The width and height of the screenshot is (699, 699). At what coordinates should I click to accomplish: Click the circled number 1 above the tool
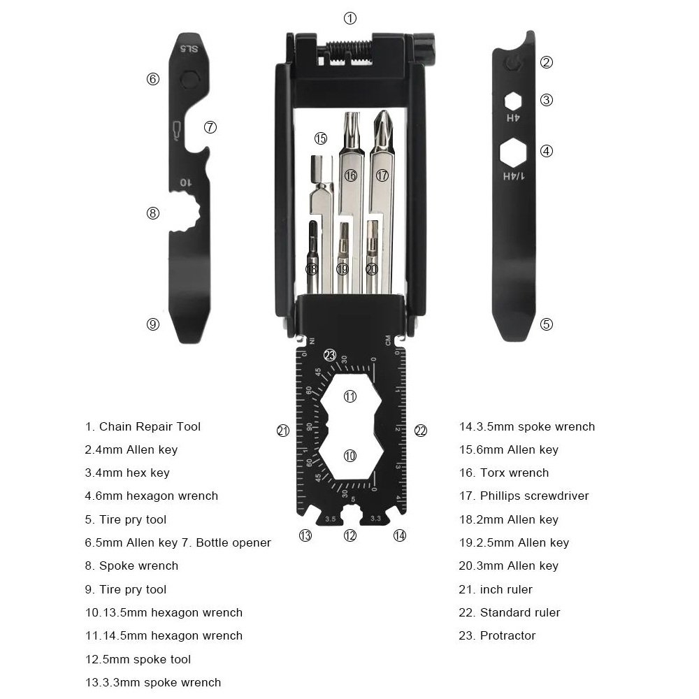(350, 17)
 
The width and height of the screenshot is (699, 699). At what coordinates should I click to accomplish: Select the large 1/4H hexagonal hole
(513, 151)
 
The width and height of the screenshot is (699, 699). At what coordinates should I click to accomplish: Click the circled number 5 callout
(547, 324)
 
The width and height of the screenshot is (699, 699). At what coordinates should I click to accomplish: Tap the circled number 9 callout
(153, 324)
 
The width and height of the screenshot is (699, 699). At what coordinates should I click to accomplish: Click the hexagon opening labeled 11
(350, 396)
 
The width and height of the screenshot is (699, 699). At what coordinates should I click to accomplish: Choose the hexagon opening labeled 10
(350, 455)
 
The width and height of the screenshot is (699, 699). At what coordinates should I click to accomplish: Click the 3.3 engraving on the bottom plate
(375, 518)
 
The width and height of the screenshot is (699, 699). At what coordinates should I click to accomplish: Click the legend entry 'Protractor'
(507, 635)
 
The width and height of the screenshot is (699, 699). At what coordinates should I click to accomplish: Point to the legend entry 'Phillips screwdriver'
(534, 496)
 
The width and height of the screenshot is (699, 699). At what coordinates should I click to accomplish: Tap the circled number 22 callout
(420, 431)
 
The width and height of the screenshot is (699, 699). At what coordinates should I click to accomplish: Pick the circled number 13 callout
(305, 536)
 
